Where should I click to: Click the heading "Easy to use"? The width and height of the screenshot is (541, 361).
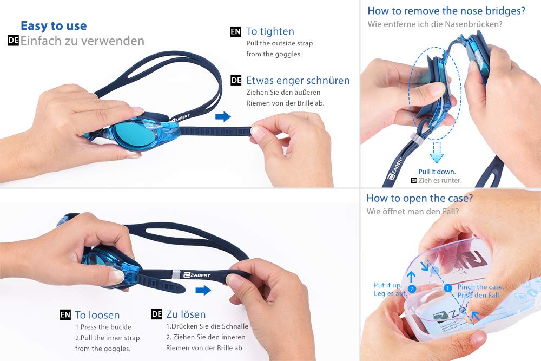(54, 25)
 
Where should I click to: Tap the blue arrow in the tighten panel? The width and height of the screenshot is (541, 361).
(223, 117)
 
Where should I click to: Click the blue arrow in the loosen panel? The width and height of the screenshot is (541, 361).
(203, 290)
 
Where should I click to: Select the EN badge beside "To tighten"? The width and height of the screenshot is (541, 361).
(236, 32)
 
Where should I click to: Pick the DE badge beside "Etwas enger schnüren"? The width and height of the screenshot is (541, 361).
(236, 81)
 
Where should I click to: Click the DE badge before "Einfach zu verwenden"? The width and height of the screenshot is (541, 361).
(13, 41)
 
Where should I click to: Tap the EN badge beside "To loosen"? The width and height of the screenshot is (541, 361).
(65, 315)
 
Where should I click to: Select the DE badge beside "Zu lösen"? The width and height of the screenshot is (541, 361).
(157, 314)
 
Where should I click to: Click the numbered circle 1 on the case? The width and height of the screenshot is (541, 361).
(448, 288)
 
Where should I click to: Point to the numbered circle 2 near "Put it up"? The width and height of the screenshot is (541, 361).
(412, 288)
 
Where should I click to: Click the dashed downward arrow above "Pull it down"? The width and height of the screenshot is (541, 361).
(437, 153)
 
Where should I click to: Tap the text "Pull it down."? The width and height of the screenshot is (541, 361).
(437, 172)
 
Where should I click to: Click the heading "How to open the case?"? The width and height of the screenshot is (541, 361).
(420, 198)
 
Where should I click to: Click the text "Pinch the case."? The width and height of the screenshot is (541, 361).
(480, 287)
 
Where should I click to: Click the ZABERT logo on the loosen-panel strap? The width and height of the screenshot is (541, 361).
(197, 275)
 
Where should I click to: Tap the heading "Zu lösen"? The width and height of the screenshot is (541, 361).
(186, 314)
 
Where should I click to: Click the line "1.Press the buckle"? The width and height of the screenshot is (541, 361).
(103, 327)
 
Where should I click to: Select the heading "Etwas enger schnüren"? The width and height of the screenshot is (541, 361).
(298, 81)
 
